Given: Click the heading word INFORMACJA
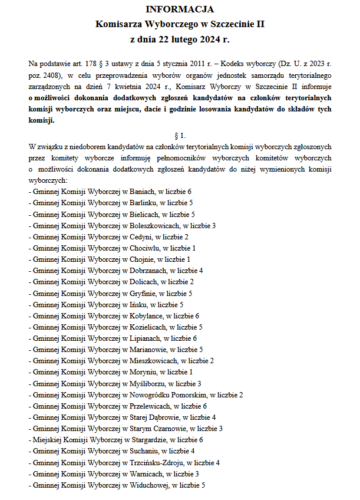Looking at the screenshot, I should (x=180, y=9).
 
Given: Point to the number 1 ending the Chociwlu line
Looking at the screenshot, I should (x=194, y=248).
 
